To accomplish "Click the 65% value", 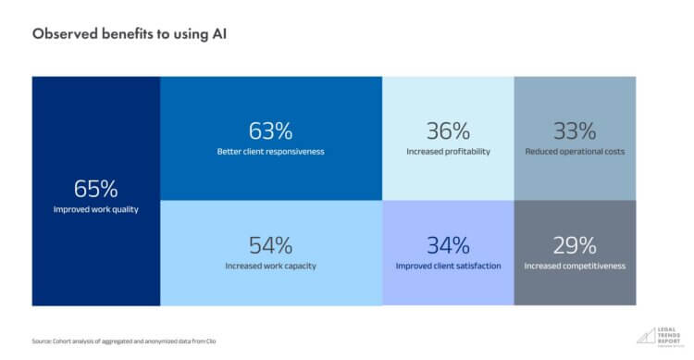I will pyautogui.click(x=96, y=189).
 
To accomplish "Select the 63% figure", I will pyautogui.click(x=270, y=131).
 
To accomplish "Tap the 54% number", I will pyautogui.click(x=270, y=245).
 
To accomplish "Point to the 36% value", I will pyautogui.click(x=448, y=131).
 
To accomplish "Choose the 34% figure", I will pyautogui.click(x=448, y=245).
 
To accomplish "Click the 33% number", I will pyautogui.click(x=575, y=131).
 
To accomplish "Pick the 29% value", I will pyautogui.click(x=575, y=245).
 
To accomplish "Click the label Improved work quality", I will pyautogui.click(x=96, y=210).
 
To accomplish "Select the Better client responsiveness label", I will pyautogui.click(x=270, y=151).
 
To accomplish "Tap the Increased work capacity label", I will pyautogui.click(x=270, y=266).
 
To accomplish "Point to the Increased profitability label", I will pyautogui.click(x=448, y=151).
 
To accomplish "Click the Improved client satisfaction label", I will pyautogui.click(x=448, y=266).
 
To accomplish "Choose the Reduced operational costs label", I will pyautogui.click(x=575, y=151).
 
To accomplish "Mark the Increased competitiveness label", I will pyautogui.click(x=575, y=266).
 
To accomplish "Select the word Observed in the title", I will pyautogui.click(x=61, y=33).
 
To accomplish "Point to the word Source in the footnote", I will pyautogui.click(x=43, y=342).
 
